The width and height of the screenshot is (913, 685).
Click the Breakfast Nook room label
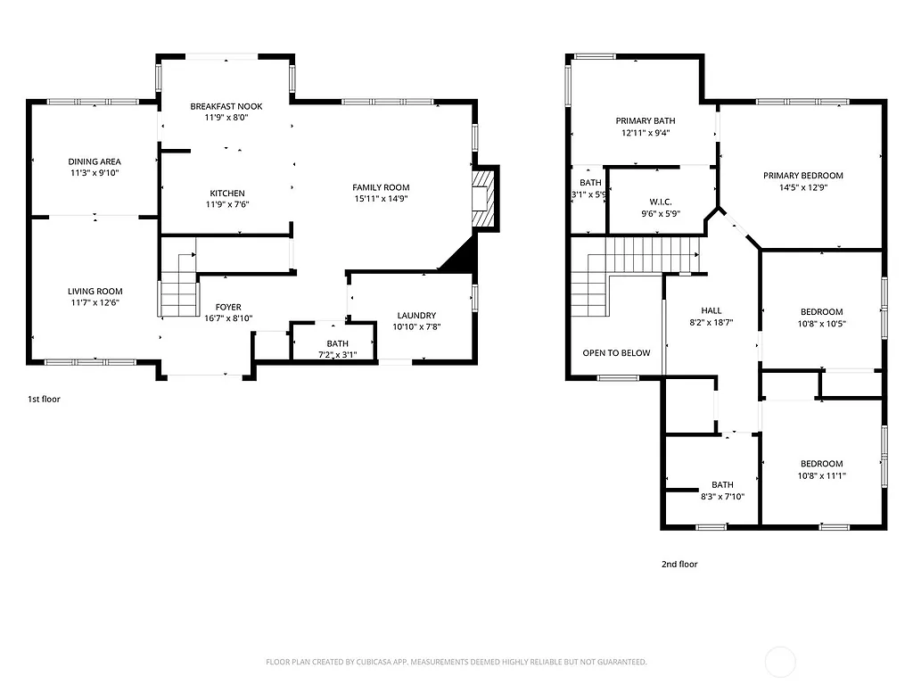coord(226,107)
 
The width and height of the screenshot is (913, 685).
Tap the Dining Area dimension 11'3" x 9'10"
coord(95,173)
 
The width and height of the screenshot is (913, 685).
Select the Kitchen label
coord(226,194)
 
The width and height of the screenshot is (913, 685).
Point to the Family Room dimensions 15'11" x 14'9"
coord(381,200)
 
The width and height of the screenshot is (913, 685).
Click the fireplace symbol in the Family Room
coord(482,199)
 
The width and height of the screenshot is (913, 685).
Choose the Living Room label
coord(95,292)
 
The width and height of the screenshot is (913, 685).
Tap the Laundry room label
coord(415,315)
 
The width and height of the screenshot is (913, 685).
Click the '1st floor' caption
coord(44,399)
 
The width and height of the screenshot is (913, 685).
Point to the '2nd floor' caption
coord(679,564)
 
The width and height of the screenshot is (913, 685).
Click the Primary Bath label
coord(645,120)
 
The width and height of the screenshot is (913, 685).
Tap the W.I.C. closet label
coord(660,202)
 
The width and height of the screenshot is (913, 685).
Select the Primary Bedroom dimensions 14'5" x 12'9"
coord(802,187)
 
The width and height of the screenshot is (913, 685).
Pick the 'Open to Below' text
coord(616,352)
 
